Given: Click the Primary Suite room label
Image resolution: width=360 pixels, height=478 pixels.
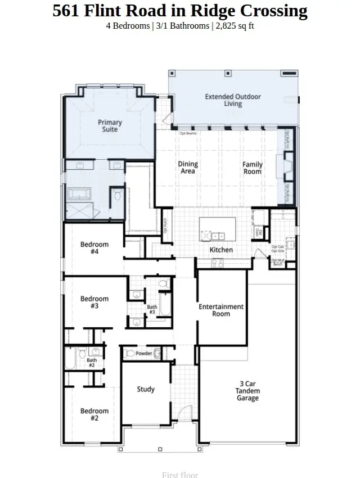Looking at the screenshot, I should click(110, 126).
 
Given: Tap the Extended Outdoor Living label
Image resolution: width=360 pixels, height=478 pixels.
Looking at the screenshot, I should click(233, 100).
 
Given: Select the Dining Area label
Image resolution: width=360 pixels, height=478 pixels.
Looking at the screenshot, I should click(188, 168).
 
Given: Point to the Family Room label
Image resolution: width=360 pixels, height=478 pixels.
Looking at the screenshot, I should click(253, 168).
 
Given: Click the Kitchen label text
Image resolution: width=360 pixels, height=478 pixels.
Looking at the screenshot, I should click(221, 250).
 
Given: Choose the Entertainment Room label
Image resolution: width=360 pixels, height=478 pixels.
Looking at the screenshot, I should click(221, 310).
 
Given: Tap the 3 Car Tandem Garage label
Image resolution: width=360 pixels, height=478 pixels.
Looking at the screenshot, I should click(247, 391).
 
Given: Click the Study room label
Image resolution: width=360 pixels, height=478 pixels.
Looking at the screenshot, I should click(146, 389).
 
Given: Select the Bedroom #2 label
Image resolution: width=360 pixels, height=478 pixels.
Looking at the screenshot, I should click(94, 414).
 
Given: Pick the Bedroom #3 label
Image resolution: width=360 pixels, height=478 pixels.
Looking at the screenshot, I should click(94, 302).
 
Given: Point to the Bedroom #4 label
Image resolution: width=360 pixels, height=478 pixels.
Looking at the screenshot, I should click(94, 248).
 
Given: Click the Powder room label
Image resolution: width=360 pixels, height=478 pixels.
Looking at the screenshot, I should click(144, 354).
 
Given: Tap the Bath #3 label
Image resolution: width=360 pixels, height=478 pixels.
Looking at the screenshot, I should click(152, 310).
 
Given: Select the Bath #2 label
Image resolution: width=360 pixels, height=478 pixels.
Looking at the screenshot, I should click(91, 363).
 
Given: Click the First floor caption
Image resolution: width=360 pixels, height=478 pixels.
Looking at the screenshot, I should click(180, 474).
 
